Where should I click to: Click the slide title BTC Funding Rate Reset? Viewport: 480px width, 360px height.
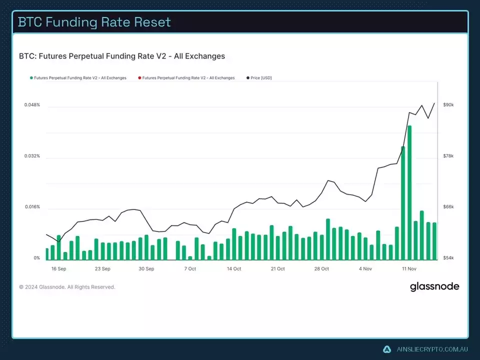tap(94, 22)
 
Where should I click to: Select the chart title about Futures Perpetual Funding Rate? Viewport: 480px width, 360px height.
tap(122, 56)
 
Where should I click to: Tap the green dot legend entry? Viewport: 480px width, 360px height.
tap(78, 78)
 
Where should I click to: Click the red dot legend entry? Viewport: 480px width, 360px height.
tap(186, 78)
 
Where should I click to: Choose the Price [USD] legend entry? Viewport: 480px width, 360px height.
tap(259, 78)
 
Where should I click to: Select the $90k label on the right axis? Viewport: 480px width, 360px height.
tap(448, 105)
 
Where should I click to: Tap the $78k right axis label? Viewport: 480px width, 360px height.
tap(448, 156)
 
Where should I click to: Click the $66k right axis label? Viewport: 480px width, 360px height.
tap(448, 207)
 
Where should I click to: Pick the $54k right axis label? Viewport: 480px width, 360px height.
tap(448, 258)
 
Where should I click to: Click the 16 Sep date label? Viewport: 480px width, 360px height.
tap(58, 268)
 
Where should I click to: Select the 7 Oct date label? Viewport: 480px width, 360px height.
tap(190, 268)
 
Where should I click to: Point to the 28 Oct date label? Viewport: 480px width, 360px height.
tap(321, 268)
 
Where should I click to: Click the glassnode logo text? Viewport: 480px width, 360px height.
tap(434, 287)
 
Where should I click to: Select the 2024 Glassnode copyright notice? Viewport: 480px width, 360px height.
tap(67, 287)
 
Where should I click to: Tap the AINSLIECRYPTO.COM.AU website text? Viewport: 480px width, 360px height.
tap(432, 349)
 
